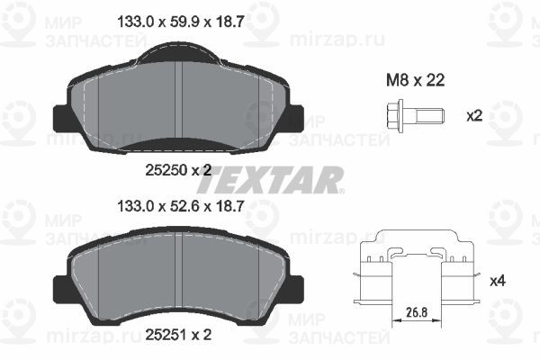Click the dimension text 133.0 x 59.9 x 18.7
[x=181, y=22]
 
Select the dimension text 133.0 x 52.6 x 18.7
[x=181, y=206]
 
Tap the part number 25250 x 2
[x=178, y=170]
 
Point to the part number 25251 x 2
[x=178, y=335]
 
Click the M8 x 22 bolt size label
[x=415, y=81]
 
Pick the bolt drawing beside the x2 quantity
[x=416, y=116]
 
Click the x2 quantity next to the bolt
[x=474, y=116]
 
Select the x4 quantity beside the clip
[x=498, y=281]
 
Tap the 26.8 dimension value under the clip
[x=417, y=312]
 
